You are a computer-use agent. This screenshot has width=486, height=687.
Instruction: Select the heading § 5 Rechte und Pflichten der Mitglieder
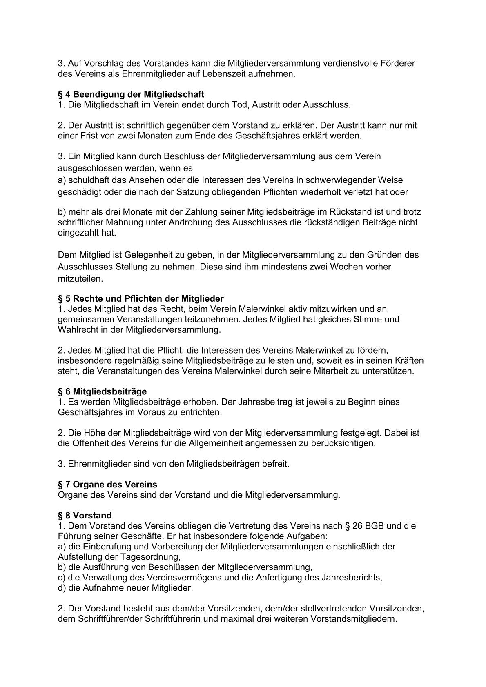pos(140,299)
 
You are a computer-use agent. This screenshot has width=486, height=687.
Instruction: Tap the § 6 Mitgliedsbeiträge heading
pos(102,392)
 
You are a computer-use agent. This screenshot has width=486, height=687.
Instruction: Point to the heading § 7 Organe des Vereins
pos(107,485)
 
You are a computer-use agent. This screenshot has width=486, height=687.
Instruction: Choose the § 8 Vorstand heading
pos(85,516)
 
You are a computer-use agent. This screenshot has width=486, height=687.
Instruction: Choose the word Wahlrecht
pos(77,330)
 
